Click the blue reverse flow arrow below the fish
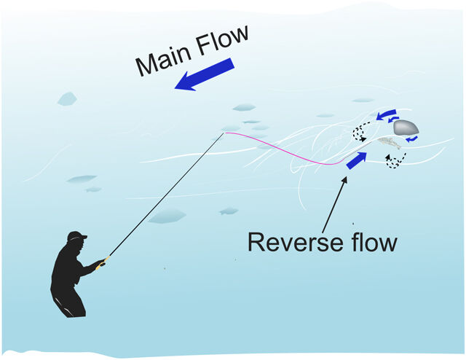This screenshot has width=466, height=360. tap(357, 160)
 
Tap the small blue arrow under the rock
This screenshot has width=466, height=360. tap(413, 138)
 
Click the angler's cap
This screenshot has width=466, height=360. tap(76, 236)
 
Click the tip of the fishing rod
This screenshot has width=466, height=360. tap(224, 133)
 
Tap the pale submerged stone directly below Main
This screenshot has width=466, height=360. tap(68, 98)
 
